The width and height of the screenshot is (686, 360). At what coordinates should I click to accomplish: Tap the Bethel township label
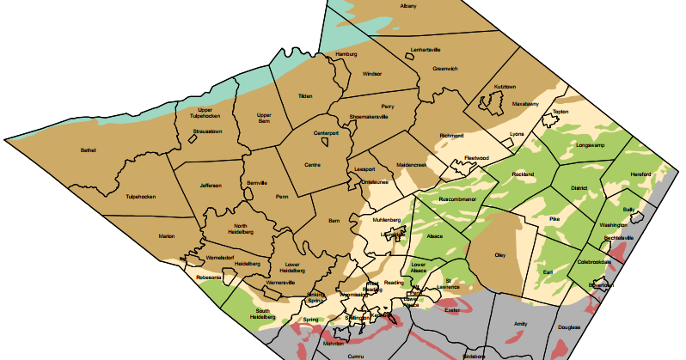pyautogui.click(x=88, y=150)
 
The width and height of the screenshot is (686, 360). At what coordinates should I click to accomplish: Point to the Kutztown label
pyautogui.click(x=505, y=87)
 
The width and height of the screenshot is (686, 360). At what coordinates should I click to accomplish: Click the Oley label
pyautogui.click(x=499, y=255)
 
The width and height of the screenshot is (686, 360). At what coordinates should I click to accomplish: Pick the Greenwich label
pyautogui.click(x=444, y=69)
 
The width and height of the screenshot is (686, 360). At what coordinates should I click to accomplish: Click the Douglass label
pyautogui.click(x=569, y=327)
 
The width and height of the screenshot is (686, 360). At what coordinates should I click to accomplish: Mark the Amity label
pyautogui.click(x=520, y=323)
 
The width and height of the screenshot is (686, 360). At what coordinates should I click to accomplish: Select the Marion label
pyautogui.click(x=167, y=236)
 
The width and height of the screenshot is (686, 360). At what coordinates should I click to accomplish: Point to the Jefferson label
pyautogui.click(x=211, y=186)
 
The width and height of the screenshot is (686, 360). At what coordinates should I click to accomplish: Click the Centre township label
pyautogui.click(x=312, y=164)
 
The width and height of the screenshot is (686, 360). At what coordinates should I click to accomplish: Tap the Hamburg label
pyautogui.click(x=346, y=54)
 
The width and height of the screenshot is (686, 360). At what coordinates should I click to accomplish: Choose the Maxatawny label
pyautogui.click(x=524, y=104)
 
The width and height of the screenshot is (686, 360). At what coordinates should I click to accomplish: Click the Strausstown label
pyautogui.click(x=207, y=131)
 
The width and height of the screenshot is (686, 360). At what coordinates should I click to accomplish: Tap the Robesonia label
pyautogui.click(x=209, y=277)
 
